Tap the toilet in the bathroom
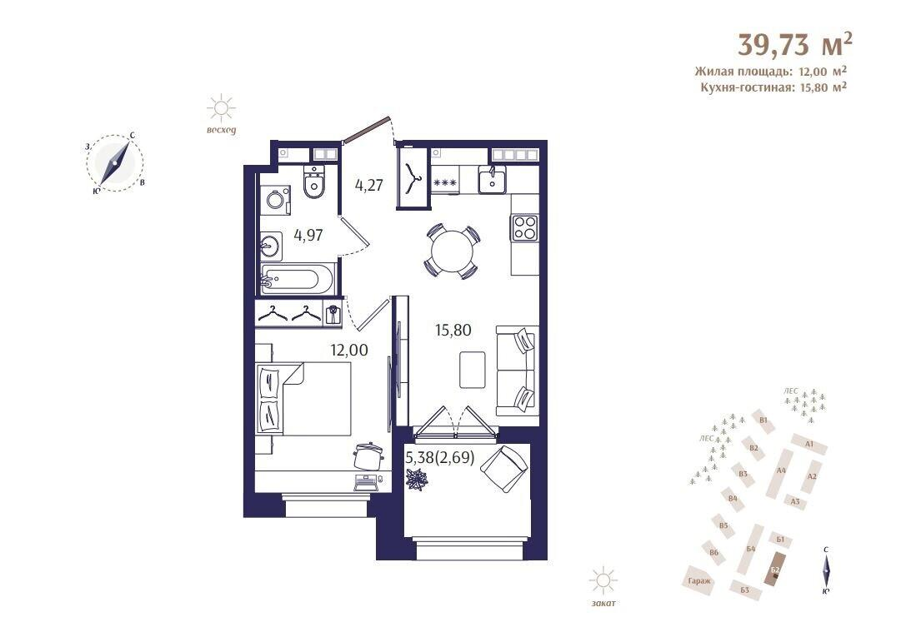coord(314,182)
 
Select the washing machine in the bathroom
coord(274,201)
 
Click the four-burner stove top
coord(524,227)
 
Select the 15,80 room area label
coord(453,330)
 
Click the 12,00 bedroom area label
coord(349,351)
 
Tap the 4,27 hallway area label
coord(368,185)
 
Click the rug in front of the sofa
coord(473,370)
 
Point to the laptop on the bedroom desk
coord(368,481)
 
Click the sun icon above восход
coord(222,108)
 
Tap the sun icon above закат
coord(602,580)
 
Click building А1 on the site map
coord(808,444)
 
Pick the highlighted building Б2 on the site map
coord(775,570)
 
